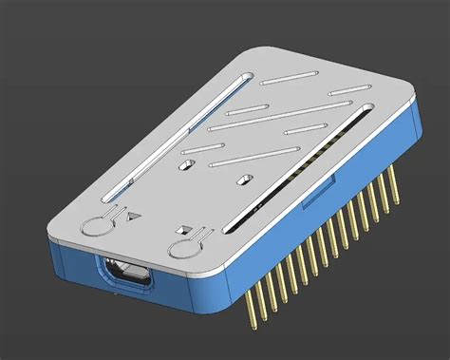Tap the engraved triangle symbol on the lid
133,216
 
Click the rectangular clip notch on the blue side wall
310,199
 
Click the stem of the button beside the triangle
114,214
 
